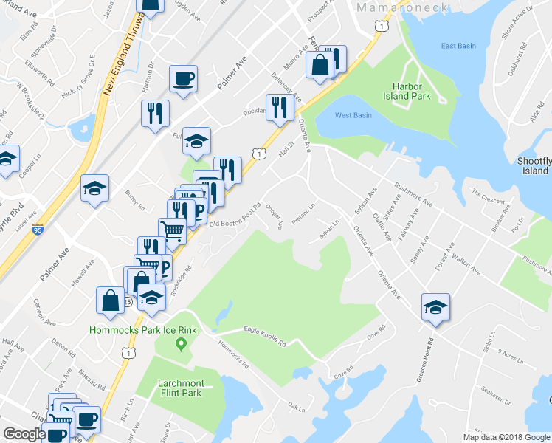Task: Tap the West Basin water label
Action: (353, 115)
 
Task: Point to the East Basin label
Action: (458, 46)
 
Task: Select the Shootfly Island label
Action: (533, 165)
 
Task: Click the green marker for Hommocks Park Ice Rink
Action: (179, 344)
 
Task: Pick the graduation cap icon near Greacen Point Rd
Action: (435, 307)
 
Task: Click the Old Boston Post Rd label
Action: (236, 215)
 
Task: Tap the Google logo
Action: (24, 434)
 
